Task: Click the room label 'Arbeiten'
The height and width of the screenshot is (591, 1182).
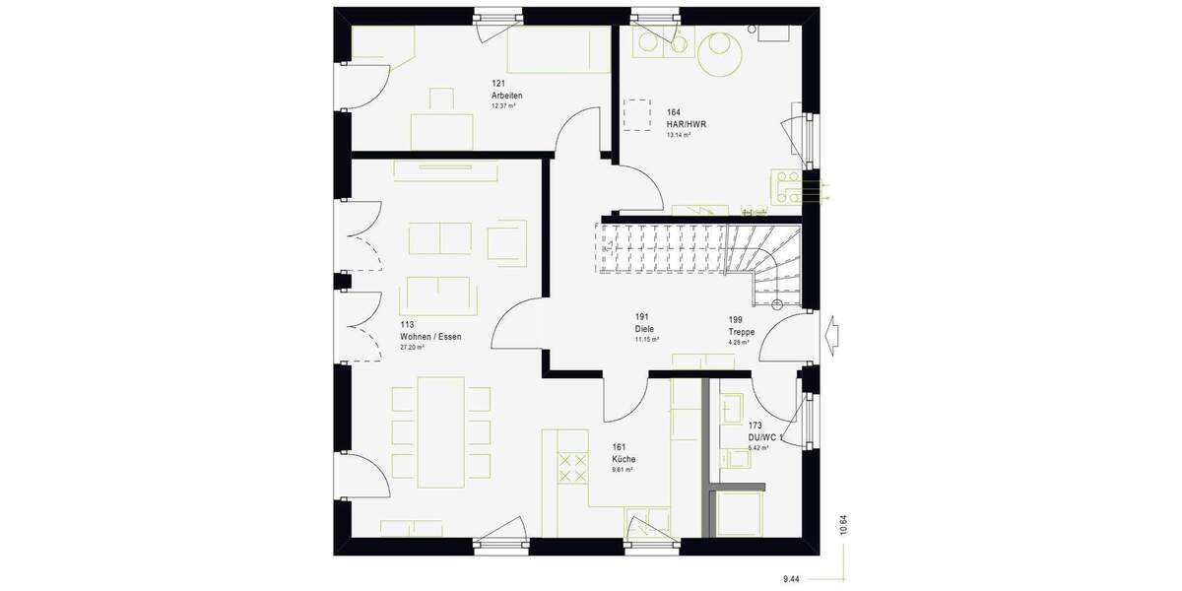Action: click(x=507, y=95)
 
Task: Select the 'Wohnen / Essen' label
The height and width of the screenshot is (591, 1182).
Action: click(x=430, y=336)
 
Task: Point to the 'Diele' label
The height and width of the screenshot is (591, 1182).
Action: click(x=645, y=329)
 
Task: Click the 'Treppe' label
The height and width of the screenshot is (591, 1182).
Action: click(x=742, y=333)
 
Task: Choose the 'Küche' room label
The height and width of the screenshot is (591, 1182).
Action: click(x=624, y=459)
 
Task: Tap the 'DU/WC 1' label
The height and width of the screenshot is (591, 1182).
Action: click(x=765, y=437)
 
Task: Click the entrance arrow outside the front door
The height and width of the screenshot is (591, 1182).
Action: click(x=834, y=332)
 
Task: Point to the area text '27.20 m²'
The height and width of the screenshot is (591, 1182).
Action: click(x=412, y=348)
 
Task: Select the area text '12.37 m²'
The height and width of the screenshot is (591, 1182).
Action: click(x=504, y=105)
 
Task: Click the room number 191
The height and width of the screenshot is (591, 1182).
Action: click(x=641, y=317)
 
